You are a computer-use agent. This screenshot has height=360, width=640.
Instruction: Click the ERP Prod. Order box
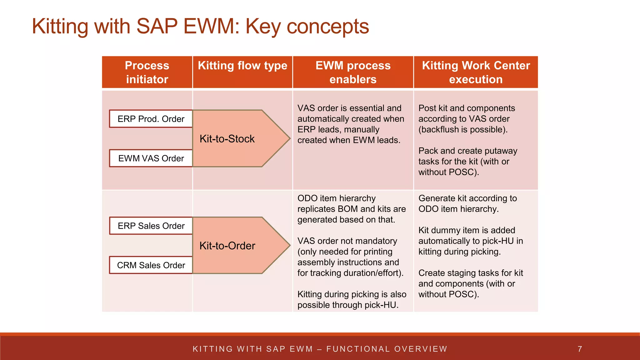tap(151, 119)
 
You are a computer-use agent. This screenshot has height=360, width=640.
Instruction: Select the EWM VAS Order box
tap(151, 158)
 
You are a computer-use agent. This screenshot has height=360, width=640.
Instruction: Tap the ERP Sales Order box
tap(151, 226)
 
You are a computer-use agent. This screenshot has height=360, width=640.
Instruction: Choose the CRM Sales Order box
tap(151, 265)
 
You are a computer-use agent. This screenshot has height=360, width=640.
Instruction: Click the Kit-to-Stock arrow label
tap(227, 139)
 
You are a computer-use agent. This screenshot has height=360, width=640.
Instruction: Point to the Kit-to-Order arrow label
tap(227, 246)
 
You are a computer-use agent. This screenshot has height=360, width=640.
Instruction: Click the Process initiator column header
tap(147, 72)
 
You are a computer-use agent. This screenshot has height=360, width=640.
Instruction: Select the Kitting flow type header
tap(242, 66)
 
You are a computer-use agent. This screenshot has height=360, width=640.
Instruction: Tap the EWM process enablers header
tap(353, 72)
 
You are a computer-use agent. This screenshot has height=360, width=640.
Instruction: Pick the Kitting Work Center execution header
tap(476, 72)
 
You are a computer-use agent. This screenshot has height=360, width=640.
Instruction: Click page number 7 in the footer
tap(580, 349)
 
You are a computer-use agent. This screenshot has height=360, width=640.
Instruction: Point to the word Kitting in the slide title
tap(60, 26)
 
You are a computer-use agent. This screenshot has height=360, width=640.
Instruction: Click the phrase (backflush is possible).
tap(463, 129)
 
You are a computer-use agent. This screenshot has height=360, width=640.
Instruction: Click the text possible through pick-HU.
tap(348, 305)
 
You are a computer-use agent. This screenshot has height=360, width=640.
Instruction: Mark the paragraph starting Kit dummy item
tap(470, 241)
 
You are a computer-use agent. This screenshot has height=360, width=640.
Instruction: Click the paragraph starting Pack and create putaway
tap(467, 161)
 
